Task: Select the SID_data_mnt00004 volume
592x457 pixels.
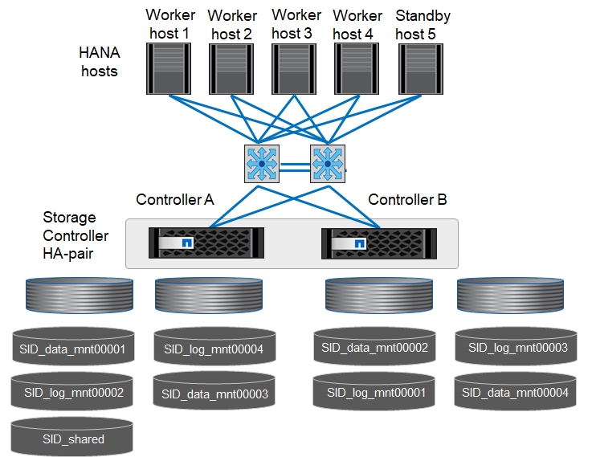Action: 516,391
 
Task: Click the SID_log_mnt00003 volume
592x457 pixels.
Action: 516,346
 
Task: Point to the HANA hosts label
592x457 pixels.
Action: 98,62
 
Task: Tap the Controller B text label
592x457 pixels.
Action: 407,199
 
